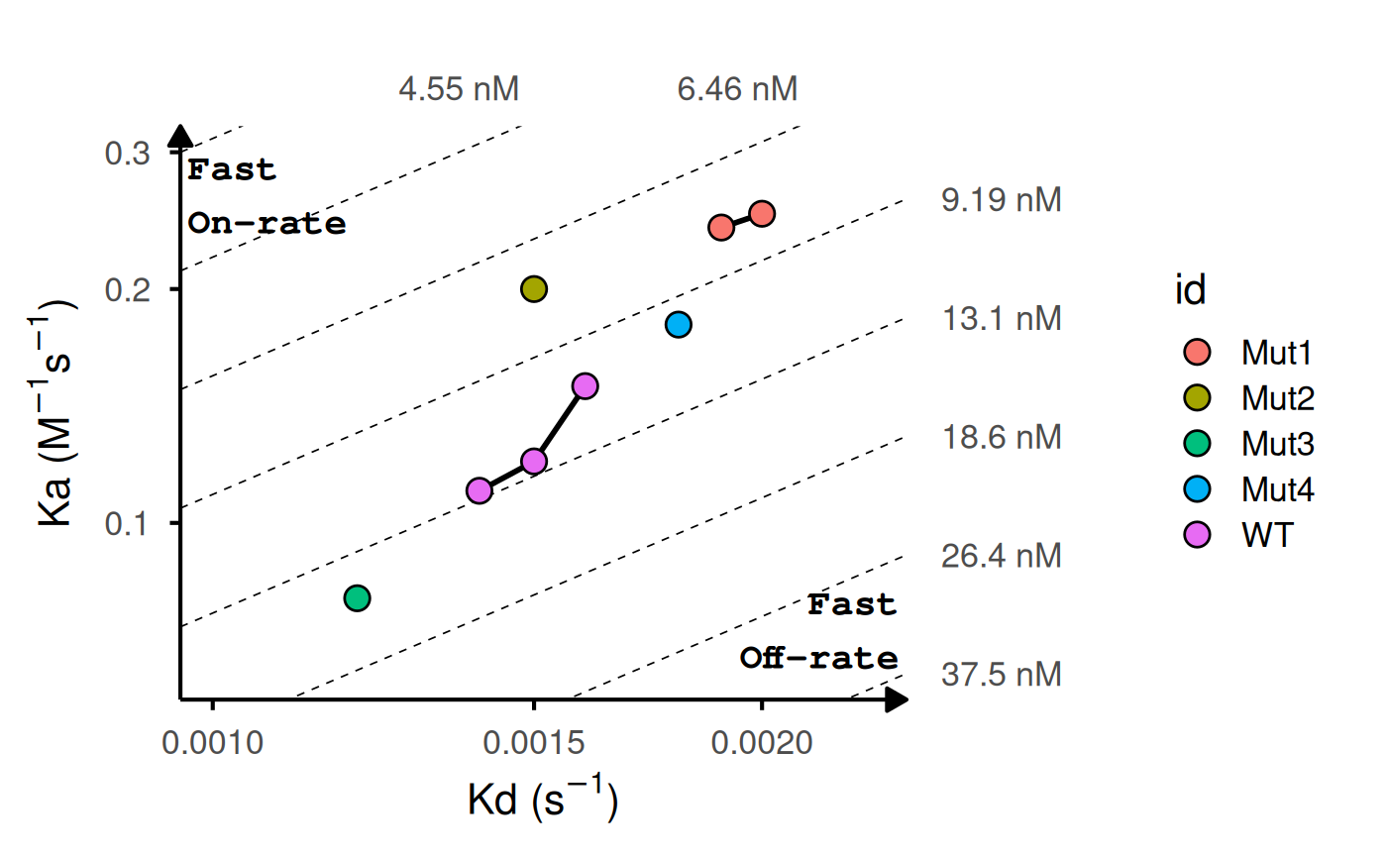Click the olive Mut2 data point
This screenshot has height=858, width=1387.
point(534,289)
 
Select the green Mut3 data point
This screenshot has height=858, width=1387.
point(357,597)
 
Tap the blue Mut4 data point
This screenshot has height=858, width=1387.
point(679,324)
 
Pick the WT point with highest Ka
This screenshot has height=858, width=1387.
point(586,385)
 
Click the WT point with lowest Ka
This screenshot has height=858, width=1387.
point(480,490)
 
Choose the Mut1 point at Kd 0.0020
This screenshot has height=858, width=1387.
point(762,213)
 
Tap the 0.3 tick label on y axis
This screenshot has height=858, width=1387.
point(127,154)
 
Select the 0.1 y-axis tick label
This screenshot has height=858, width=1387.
point(127,522)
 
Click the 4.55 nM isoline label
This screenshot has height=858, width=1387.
point(459,90)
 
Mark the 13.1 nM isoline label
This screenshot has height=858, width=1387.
point(1002,319)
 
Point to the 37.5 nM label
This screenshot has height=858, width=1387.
point(1002,675)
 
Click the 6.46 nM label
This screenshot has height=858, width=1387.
point(737,90)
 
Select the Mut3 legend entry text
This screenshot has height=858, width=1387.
point(1278,445)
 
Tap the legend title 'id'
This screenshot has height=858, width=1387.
point(1189,291)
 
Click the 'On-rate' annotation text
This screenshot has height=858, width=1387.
point(267,224)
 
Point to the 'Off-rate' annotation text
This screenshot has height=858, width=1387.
point(819,659)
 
